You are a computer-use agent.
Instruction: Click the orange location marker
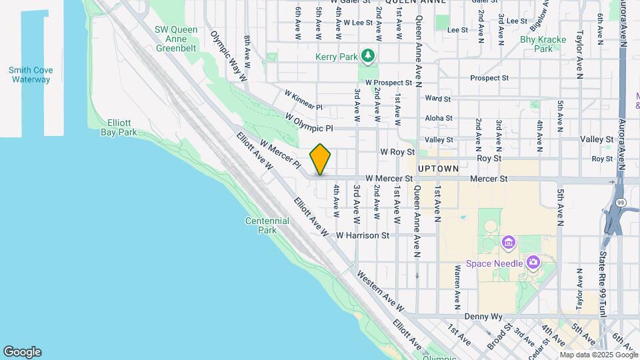pos(320,159)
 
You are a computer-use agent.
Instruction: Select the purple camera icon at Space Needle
pos(532,262)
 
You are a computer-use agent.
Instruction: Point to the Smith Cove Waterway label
pos(31,75)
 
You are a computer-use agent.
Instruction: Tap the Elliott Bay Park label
pos(118,128)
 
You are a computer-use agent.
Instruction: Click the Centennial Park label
pos(267,225)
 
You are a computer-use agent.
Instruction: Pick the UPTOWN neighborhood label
pos(439,169)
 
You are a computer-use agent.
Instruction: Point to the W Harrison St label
pos(363,235)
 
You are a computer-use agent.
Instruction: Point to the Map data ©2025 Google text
pos(599,355)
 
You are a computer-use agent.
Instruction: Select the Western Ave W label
pos(380,292)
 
